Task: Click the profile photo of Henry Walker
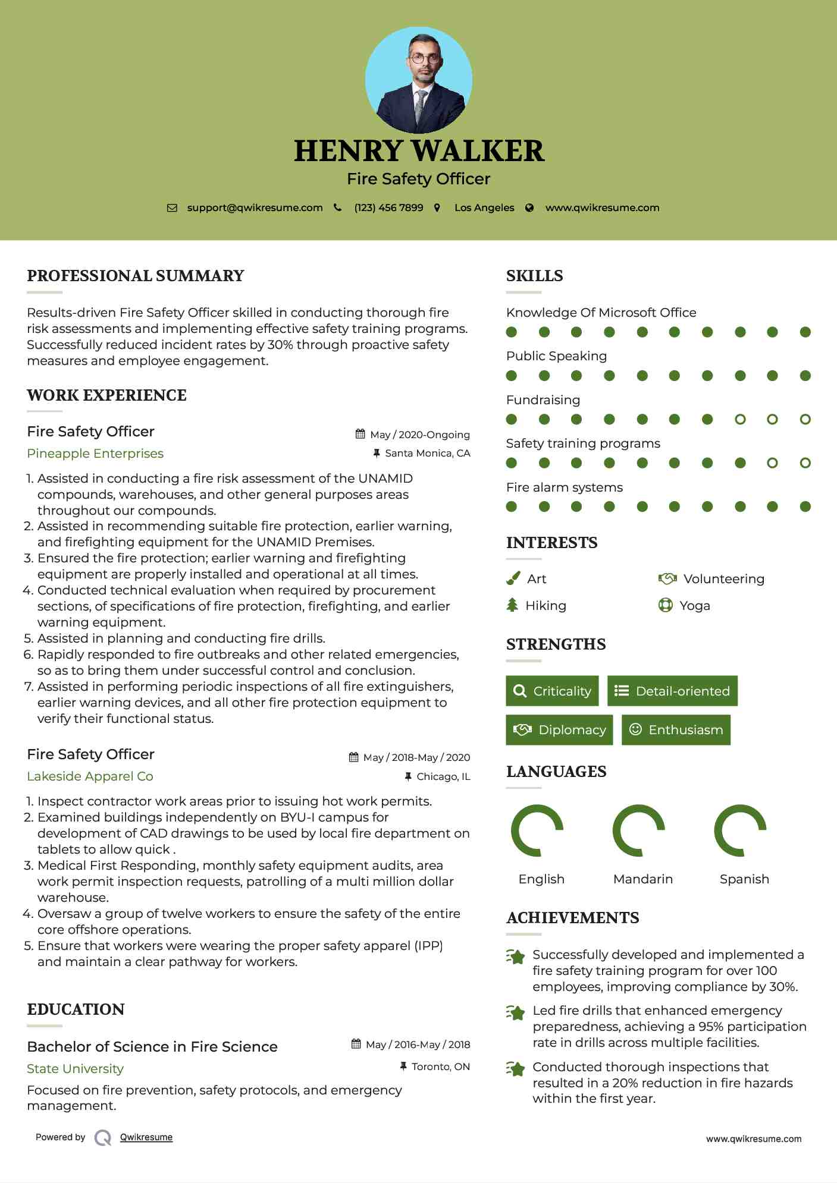click(418, 80)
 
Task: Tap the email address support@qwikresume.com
click(255, 208)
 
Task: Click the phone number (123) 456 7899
click(388, 208)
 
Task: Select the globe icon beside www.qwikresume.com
click(529, 208)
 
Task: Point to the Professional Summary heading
click(136, 276)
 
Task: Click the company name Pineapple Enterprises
click(95, 454)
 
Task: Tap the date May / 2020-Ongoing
click(419, 435)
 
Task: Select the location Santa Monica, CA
click(427, 454)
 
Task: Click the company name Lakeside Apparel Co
click(90, 776)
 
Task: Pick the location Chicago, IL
click(443, 776)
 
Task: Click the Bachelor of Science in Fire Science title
click(152, 1047)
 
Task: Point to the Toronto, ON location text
click(440, 1066)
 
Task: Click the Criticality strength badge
click(552, 691)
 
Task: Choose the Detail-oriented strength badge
click(672, 691)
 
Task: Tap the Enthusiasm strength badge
click(676, 730)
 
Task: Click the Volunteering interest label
click(723, 579)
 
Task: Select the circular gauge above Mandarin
click(638, 830)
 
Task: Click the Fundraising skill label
click(543, 400)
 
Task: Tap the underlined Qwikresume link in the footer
click(146, 1137)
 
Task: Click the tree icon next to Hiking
click(512, 605)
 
